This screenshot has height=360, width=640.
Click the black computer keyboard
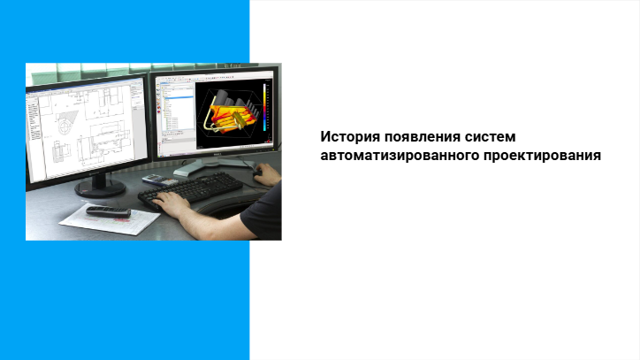point(190,189)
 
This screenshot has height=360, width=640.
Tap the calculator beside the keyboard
point(160,180)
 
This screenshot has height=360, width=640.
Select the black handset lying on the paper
point(109,211)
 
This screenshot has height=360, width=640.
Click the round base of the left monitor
point(100,188)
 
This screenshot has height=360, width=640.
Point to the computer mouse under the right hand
point(258,173)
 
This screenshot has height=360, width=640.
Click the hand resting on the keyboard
point(171,200)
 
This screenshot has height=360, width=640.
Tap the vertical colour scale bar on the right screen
point(264,107)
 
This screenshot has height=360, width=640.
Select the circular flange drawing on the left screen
point(65,126)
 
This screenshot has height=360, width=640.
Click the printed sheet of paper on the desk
point(110,219)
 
